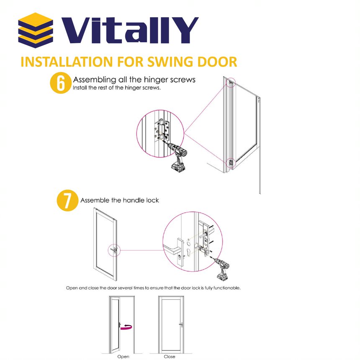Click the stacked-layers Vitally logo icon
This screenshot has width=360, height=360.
[36, 30]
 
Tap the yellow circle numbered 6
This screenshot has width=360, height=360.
[61, 83]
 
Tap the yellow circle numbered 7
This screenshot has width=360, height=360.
[67, 201]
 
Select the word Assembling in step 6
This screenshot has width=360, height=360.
[95, 80]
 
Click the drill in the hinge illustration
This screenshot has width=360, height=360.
[178, 156]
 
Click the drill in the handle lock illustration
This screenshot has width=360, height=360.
[222, 269]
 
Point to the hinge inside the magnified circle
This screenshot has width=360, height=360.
[162, 131]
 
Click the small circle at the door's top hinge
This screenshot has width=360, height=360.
[231, 82]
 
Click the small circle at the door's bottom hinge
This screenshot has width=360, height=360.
[231, 163]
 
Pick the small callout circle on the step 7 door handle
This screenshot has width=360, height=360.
[114, 250]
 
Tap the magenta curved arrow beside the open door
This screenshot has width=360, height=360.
[126, 327]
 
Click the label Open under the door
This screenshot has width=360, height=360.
[123, 357]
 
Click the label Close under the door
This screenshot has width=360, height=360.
[170, 357]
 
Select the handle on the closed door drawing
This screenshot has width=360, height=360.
[181, 324]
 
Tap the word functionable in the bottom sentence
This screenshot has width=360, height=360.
[227, 288]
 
